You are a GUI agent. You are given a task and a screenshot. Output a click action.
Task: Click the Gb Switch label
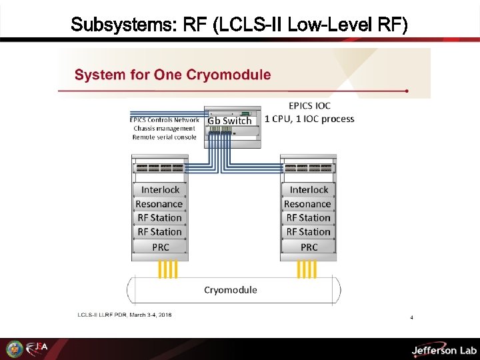click(229, 121)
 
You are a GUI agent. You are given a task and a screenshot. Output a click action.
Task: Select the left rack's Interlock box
click(160, 190)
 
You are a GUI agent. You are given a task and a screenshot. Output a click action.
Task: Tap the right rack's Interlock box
click(309, 190)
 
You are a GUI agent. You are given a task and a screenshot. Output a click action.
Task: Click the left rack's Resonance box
click(159, 204)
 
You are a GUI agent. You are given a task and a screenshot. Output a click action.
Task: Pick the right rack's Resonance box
click(307, 204)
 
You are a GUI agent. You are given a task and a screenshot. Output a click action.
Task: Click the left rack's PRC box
click(160, 247)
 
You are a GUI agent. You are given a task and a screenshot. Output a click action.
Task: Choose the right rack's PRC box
click(309, 247)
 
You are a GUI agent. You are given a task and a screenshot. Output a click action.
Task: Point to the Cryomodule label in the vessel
click(230, 290)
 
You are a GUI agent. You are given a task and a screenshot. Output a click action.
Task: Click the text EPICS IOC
click(309, 105)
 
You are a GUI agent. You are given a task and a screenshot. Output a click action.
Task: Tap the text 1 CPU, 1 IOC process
click(309, 119)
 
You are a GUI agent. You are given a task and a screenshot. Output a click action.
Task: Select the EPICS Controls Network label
click(164, 120)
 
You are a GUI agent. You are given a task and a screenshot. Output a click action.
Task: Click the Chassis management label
click(164, 129)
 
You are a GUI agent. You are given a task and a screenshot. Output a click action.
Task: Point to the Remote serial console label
click(164, 137)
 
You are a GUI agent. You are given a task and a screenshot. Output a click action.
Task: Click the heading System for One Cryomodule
click(173, 74)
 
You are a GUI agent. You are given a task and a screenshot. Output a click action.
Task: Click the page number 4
click(411, 317)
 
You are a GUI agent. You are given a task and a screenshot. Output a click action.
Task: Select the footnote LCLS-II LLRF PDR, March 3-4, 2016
click(125, 315)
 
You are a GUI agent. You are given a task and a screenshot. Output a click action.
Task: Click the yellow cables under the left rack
click(167, 269)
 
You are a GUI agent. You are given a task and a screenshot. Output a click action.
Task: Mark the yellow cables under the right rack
click(307, 269)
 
